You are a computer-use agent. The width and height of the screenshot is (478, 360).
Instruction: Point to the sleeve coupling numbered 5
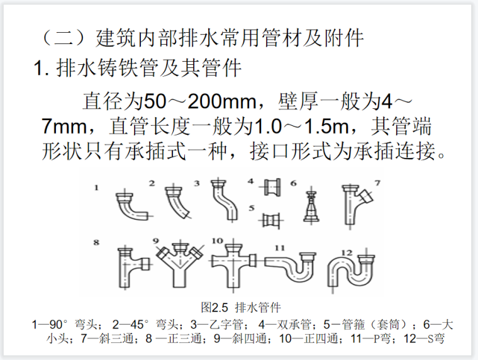[x=271, y=220]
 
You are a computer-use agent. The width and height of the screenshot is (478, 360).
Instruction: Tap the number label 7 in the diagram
[x=378, y=183]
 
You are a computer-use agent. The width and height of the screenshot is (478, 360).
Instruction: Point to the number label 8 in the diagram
[x=96, y=242]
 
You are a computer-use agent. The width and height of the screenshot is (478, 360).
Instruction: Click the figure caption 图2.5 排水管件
[x=240, y=308]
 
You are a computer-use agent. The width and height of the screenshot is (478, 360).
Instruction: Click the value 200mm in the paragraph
[x=222, y=101]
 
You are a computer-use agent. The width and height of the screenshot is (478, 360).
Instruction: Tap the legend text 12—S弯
[x=424, y=339]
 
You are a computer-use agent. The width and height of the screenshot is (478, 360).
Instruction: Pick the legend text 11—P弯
[x=370, y=339]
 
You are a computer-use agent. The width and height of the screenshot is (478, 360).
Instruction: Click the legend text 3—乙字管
[x=216, y=324]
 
